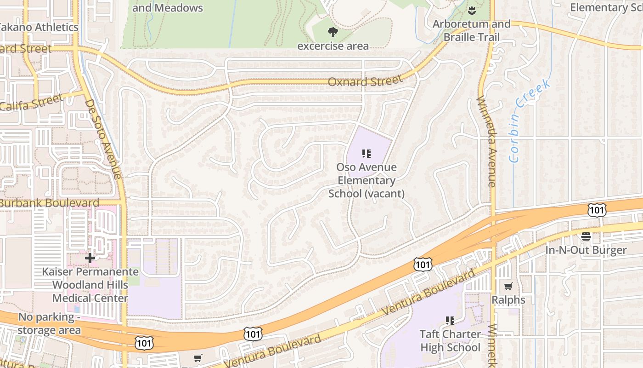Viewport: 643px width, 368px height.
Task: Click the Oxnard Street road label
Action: tap(365, 81)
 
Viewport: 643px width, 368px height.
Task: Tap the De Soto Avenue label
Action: tap(103, 138)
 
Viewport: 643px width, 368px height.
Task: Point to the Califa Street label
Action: tap(31, 103)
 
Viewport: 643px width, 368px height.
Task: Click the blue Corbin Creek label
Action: tap(529, 121)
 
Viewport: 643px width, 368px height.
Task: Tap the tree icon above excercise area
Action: tap(333, 32)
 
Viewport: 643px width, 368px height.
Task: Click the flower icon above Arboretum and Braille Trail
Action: tap(471, 10)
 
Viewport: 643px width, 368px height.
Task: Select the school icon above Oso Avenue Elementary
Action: tap(366, 154)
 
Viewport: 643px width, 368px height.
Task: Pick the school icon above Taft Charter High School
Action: tap(450, 320)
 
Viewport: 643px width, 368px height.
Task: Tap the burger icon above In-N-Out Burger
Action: tap(586, 236)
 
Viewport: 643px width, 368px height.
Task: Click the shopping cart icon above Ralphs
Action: tap(508, 287)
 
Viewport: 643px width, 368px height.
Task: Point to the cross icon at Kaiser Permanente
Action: tap(90, 258)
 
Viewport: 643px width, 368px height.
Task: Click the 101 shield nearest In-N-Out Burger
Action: tap(597, 210)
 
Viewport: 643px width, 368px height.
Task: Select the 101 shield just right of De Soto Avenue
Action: tap(144, 343)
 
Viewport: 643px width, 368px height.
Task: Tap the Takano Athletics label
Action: tap(39, 27)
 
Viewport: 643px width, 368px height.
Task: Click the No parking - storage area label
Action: tap(49, 323)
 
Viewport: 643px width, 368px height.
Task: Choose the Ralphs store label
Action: tap(508, 300)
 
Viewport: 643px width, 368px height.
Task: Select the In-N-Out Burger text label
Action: tap(586, 250)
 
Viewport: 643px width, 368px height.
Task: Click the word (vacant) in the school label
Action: tap(385, 194)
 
